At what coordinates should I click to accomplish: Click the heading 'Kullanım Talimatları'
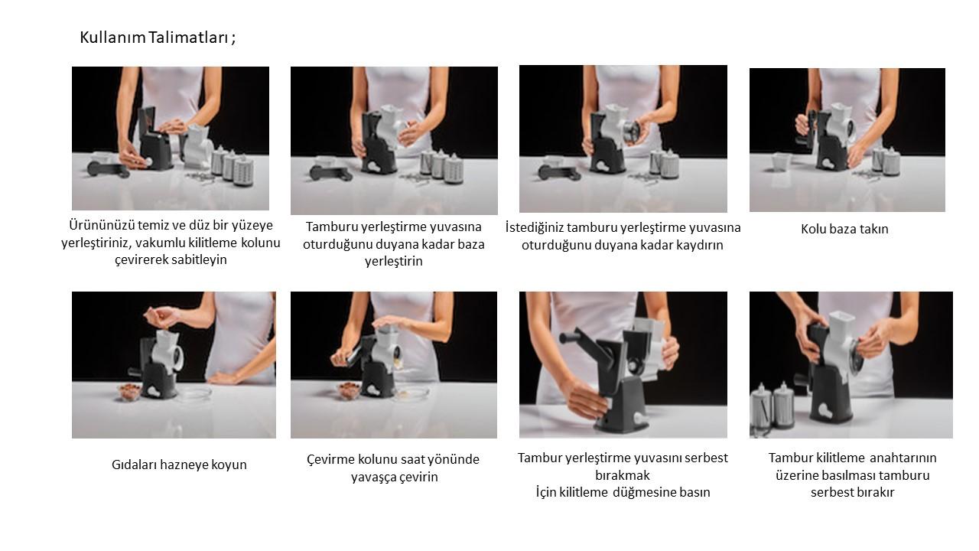pos(154,37)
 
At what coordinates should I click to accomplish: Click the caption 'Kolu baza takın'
pos(844,229)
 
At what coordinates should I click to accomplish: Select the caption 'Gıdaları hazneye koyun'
pos(179,465)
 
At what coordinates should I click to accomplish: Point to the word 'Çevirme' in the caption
pos(330,460)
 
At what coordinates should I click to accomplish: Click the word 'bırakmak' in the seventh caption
pos(623,475)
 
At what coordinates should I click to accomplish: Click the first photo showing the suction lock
pos(171,139)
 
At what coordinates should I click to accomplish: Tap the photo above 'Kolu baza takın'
pos(847,140)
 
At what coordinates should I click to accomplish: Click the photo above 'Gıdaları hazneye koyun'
pos(174,365)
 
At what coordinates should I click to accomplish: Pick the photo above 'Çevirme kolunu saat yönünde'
pos(394,365)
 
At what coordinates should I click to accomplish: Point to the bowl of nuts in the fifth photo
pos(129,391)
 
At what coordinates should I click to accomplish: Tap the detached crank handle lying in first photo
pos(108,169)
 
